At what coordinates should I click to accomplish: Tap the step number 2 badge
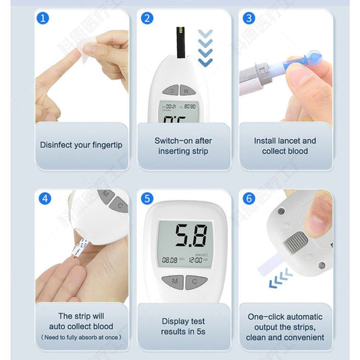pos(147,18)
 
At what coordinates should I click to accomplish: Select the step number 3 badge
pos(249,18)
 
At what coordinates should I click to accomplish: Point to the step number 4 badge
pos(45,199)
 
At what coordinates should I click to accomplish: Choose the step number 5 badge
pos(147,199)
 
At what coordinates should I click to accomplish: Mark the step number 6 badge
pos(249,199)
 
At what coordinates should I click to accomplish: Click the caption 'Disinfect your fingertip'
pos(82,145)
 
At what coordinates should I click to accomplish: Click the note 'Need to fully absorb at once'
pos(82,337)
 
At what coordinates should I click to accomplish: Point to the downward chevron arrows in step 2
pos(205,47)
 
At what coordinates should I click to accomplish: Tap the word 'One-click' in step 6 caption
pos(267,316)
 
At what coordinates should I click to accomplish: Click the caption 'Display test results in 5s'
pos(183,327)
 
